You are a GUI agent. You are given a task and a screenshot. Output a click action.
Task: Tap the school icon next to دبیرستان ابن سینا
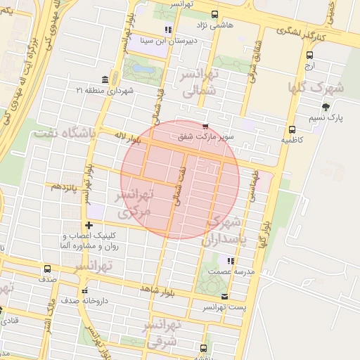[167, 30]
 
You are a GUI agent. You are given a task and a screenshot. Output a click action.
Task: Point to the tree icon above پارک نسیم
[326, 107]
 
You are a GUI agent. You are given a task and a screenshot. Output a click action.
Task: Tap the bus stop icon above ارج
[310, 55]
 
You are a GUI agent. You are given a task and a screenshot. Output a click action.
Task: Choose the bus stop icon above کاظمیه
[292, 129]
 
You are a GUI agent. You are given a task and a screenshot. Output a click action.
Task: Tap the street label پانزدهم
[64, 186]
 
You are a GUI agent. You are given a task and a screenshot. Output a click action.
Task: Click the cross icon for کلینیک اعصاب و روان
[89, 225]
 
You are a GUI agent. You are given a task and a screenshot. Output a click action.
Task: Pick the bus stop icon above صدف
[47, 269]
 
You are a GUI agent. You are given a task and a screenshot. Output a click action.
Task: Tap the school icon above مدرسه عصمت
[230, 261]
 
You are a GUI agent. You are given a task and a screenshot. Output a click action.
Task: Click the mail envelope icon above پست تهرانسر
[224, 297]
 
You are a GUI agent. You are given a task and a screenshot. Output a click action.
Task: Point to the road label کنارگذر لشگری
[302, 31]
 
